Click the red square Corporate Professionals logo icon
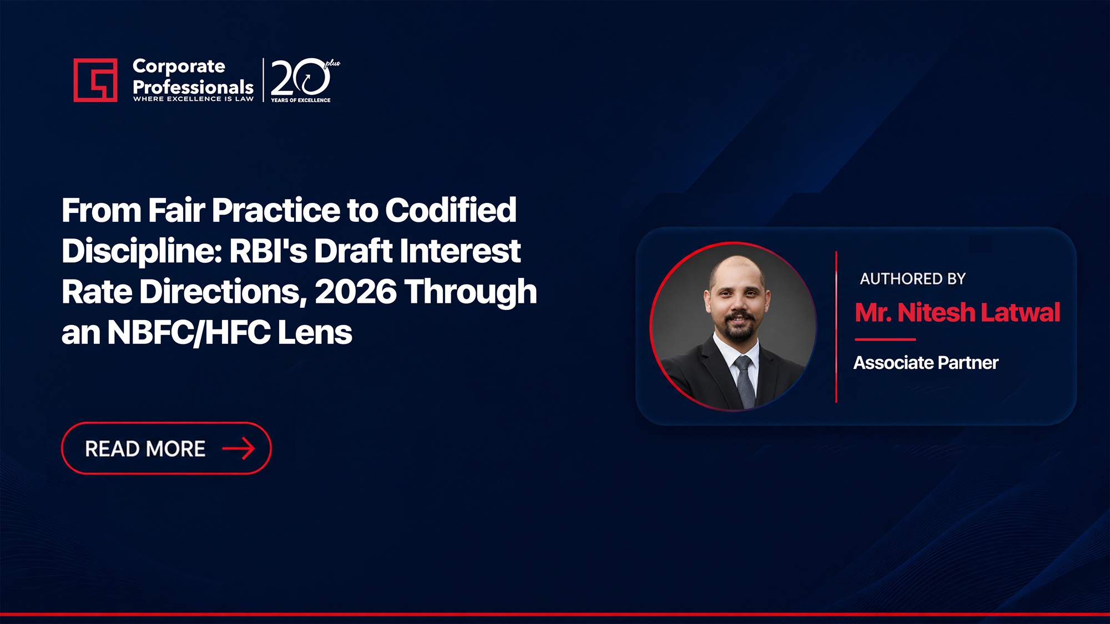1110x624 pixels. (95, 80)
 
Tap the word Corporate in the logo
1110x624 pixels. (179, 66)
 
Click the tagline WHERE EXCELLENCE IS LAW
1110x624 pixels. (193, 99)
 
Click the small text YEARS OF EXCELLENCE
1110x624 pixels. (301, 100)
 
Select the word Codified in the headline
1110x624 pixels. (451, 210)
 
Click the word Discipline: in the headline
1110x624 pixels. (142, 251)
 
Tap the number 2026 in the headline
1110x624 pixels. (356, 292)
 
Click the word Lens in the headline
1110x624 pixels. (315, 333)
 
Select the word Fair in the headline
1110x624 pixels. (176, 210)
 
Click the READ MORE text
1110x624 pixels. (145, 449)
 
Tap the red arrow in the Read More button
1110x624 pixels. (239, 448)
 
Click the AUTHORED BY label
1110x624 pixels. (913, 278)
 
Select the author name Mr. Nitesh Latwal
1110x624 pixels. (957, 312)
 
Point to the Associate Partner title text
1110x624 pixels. (926, 363)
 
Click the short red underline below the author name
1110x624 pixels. (885, 339)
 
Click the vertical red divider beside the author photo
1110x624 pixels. (836, 327)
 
